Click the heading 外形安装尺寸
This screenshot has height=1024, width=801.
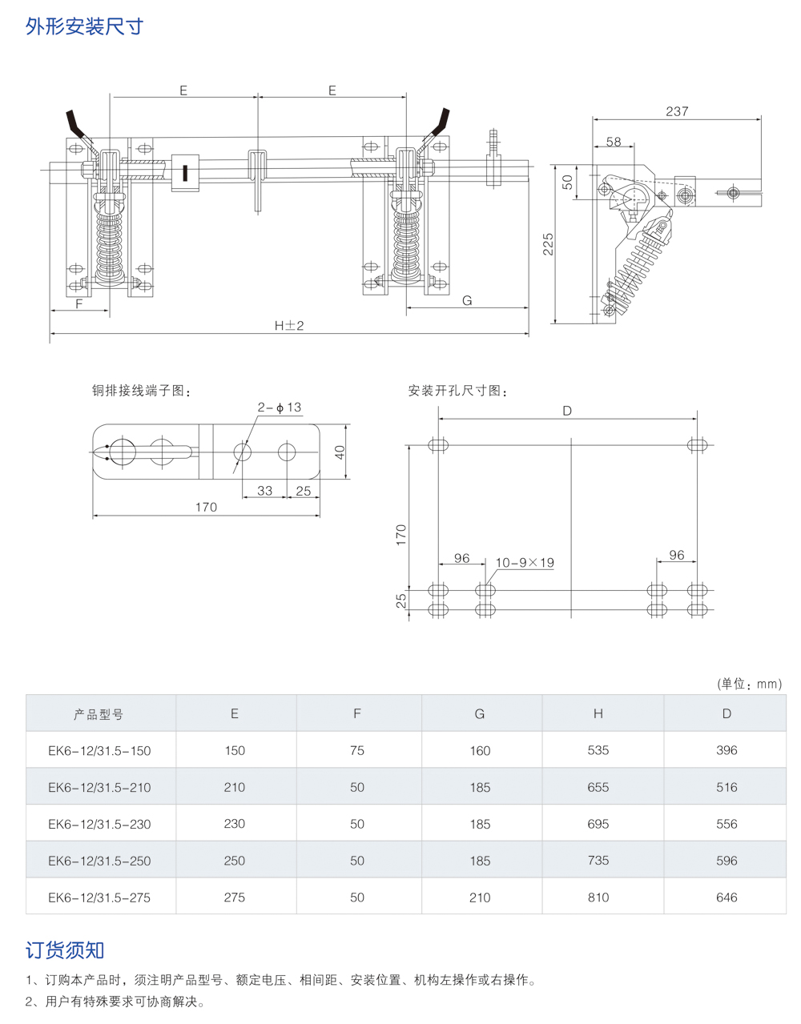coord(84,26)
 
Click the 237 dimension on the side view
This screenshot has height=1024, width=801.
coord(677,111)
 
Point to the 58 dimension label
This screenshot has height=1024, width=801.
coord(614,142)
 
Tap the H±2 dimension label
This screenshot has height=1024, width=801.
coord(289,325)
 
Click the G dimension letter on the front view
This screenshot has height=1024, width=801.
coord(467,300)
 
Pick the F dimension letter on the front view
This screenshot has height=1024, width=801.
coord(79,303)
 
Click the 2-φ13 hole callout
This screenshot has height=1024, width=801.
coord(279,408)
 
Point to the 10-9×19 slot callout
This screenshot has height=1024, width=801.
coord(525,563)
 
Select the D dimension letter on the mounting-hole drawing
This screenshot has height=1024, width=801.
coord(567,411)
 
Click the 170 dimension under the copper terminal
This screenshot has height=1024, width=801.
coord(206,507)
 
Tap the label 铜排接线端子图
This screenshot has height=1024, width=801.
coord(141,391)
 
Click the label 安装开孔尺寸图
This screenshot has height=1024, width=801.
coord(457,391)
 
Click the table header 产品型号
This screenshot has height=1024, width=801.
coord(99,714)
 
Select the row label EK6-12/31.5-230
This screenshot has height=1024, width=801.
coord(99,824)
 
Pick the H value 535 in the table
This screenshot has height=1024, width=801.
coord(598,750)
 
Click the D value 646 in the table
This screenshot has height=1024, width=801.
coord(727,898)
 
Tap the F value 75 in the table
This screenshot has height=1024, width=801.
coord(357,750)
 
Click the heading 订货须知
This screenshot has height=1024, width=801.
coord(65,950)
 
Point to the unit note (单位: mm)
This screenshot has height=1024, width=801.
coord(750,684)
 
